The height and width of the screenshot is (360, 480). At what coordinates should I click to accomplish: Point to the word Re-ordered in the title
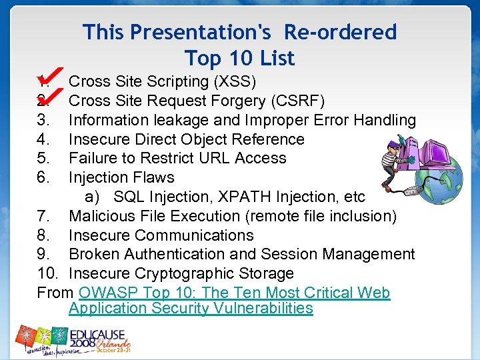340,32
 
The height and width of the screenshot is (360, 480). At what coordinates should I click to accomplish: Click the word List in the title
275,59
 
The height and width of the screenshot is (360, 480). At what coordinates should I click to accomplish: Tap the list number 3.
43,121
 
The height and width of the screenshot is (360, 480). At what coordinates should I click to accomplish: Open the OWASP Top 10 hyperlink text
233,293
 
